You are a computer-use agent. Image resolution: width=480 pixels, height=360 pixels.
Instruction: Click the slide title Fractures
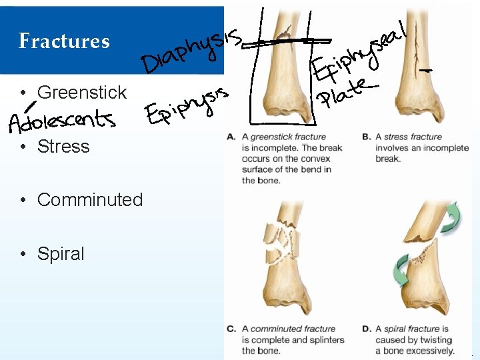(x=64, y=41)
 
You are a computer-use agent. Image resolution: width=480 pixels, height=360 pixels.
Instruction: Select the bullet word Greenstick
(x=82, y=92)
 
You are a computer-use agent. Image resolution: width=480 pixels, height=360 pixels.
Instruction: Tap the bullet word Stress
(x=63, y=146)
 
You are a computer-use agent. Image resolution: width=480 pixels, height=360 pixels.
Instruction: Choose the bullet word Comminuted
(x=90, y=199)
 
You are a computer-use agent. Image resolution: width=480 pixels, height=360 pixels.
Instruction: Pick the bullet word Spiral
(x=61, y=253)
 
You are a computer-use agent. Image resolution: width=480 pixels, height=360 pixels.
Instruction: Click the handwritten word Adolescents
(x=61, y=121)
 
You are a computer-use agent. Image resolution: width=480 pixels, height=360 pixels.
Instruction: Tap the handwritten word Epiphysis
(x=187, y=106)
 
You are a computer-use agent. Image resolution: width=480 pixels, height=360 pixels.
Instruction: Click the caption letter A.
(x=231, y=137)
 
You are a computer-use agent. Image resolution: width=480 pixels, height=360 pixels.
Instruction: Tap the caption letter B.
(x=366, y=137)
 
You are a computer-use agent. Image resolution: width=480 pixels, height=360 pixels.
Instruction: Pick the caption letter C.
(x=231, y=329)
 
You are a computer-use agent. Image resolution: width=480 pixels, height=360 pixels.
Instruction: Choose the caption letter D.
(x=366, y=329)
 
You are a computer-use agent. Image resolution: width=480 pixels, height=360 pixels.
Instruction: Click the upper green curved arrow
(x=450, y=217)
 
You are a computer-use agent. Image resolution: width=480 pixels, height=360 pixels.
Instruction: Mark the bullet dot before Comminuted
(x=23, y=200)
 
